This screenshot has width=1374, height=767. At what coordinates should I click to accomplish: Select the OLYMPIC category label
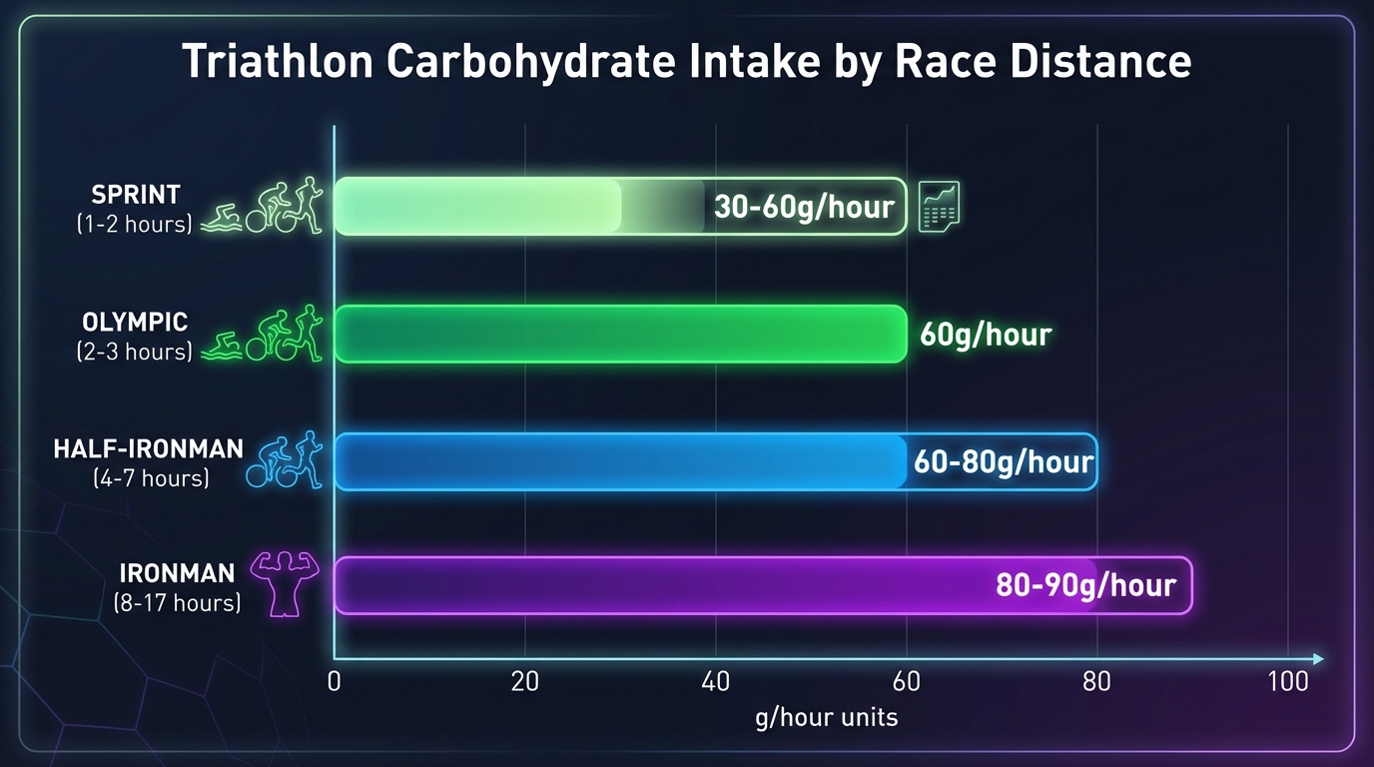tap(135, 323)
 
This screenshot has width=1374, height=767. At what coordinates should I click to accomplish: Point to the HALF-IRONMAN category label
tap(148, 449)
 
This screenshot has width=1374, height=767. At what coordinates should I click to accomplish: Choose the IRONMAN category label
tap(177, 573)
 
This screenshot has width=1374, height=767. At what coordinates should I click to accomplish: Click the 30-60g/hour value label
tap(804, 207)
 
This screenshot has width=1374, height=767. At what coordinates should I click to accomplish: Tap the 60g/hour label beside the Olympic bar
tap(986, 334)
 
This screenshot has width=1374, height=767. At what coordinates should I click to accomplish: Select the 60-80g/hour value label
tap(1004, 462)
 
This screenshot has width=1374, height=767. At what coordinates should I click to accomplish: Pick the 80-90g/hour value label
tap(1085, 584)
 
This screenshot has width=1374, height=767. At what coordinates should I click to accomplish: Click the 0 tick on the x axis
tap(335, 683)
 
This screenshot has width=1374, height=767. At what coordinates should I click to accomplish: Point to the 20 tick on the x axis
tap(525, 683)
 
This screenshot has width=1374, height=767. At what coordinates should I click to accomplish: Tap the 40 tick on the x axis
tap(715, 683)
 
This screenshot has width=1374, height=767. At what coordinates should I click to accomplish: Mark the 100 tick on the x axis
tap(1288, 683)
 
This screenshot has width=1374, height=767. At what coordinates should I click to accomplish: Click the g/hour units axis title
tap(826, 717)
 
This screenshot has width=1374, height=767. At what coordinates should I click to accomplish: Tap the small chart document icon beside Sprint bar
tap(939, 206)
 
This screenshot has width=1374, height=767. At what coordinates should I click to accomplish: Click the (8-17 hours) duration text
tap(177, 602)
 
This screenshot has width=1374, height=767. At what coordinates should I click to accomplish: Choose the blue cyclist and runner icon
tap(291, 459)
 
